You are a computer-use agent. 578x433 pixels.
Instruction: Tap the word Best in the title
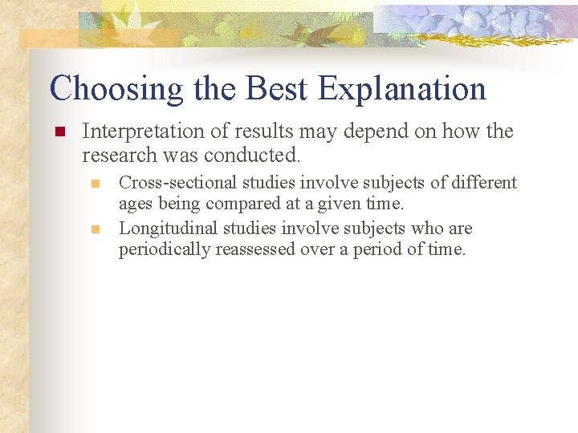point(275,89)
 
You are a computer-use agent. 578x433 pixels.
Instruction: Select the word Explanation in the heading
point(402,89)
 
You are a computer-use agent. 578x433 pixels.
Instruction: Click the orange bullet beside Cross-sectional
point(96,184)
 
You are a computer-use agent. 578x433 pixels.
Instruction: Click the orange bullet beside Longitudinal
point(96,229)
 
